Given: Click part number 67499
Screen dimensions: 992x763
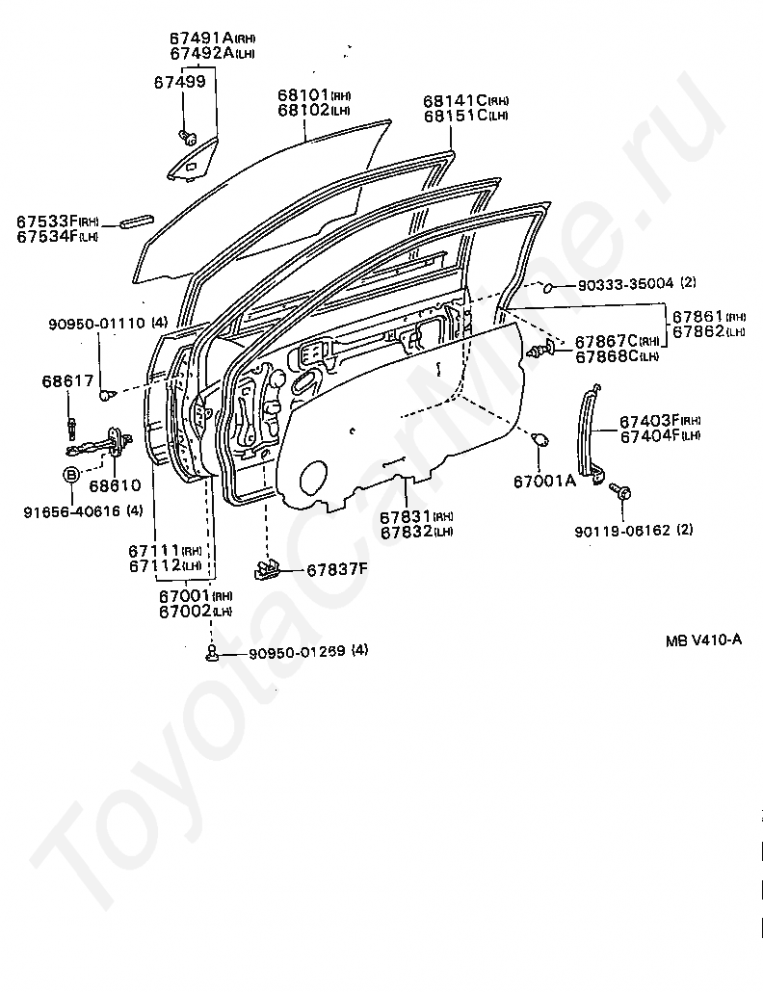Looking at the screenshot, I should tap(179, 82).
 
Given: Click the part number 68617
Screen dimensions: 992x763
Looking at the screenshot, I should tap(63, 381).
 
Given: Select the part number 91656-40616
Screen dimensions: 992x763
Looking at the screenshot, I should tap(71, 511).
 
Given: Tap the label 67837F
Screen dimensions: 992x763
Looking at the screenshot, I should tap(337, 569).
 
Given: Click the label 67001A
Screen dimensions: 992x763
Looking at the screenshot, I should tap(543, 482).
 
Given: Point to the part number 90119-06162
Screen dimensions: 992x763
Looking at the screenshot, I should tap(620, 530).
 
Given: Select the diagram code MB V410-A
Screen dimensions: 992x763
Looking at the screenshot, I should tap(702, 640).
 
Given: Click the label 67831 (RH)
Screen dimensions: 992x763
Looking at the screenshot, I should tap(406, 516).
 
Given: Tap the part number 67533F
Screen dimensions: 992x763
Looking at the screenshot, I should tap(45, 222).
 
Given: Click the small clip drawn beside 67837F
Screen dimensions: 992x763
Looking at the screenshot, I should tap(269, 569).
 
